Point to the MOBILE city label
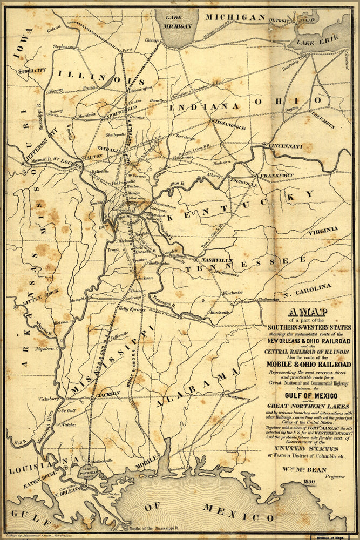tap(146, 464)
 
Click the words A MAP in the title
tap(309, 312)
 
